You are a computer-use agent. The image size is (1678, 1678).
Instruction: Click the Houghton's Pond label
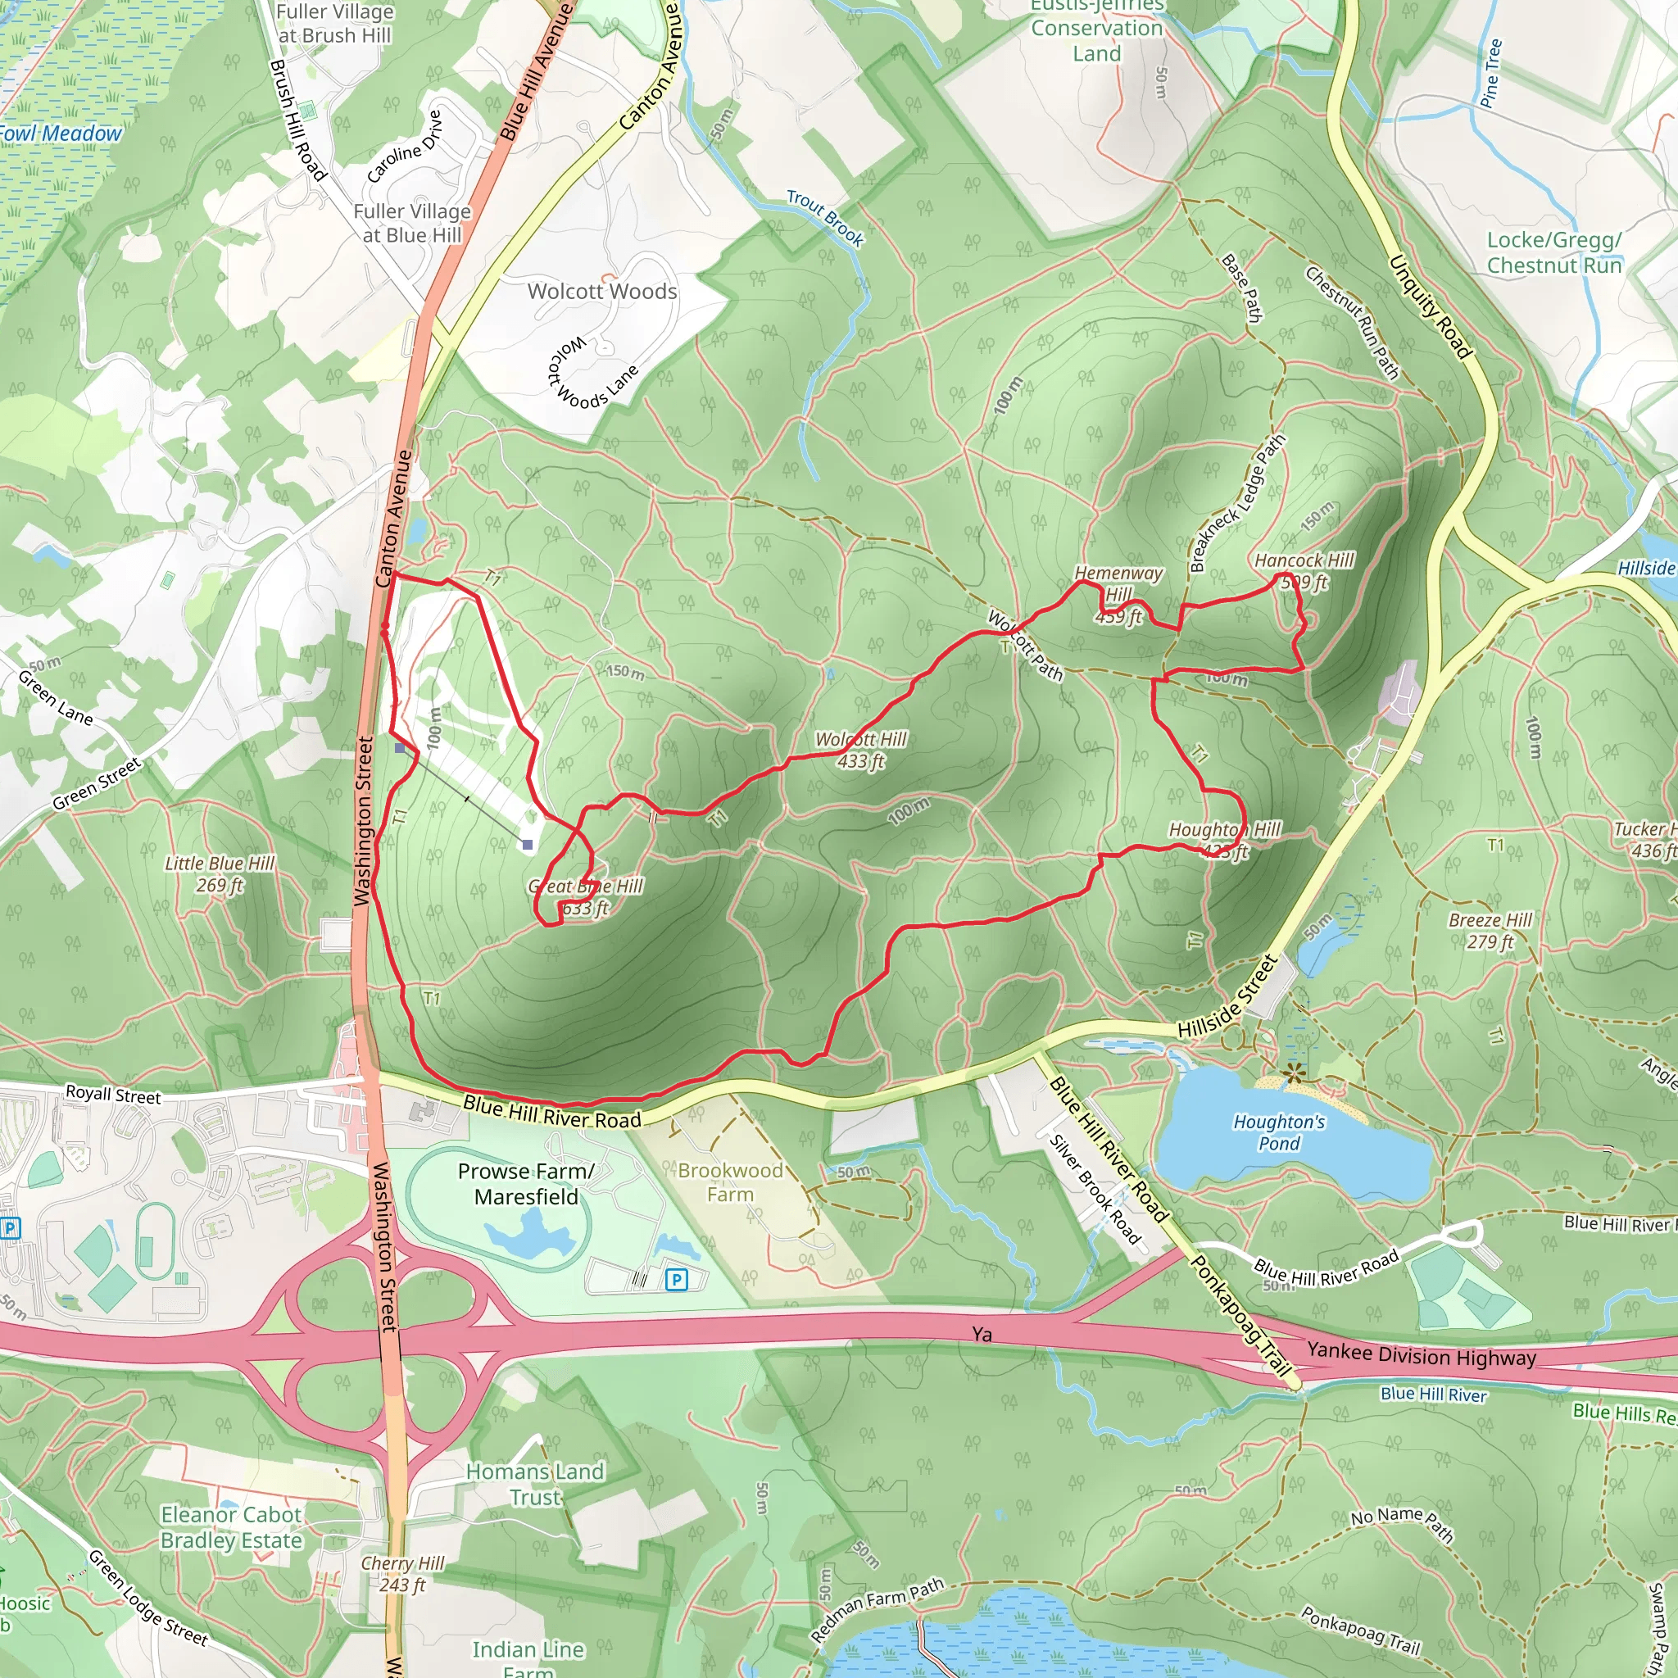pyautogui.click(x=1278, y=1132)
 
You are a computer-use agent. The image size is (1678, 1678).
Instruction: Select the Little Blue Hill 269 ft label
pyautogui.click(x=219, y=873)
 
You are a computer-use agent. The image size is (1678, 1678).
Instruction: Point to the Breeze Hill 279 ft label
pyautogui.click(x=1490, y=930)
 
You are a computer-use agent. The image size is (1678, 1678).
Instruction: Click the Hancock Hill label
pyautogui.click(x=1304, y=561)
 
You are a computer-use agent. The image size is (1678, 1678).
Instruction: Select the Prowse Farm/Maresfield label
pyautogui.click(x=525, y=1184)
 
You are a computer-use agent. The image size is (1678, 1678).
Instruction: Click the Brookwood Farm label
pyautogui.click(x=729, y=1182)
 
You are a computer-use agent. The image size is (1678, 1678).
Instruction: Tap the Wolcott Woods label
pyautogui.click(x=602, y=292)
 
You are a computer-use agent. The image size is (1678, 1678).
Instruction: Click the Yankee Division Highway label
pyautogui.click(x=1421, y=1356)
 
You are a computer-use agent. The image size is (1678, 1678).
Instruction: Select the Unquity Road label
pyautogui.click(x=1430, y=306)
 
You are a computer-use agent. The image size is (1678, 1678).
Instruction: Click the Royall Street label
pyautogui.click(x=113, y=1095)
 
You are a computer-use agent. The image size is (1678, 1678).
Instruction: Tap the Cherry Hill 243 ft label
pyautogui.click(x=402, y=1574)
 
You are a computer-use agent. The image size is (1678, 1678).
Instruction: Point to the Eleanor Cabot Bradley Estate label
pyautogui.click(x=231, y=1528)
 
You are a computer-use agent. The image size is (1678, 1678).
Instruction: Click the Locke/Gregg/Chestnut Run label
pyautogui.click(x=1553, y=252)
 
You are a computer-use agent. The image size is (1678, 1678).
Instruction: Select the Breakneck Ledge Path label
pyautogui.click(x=1236, y=504)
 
